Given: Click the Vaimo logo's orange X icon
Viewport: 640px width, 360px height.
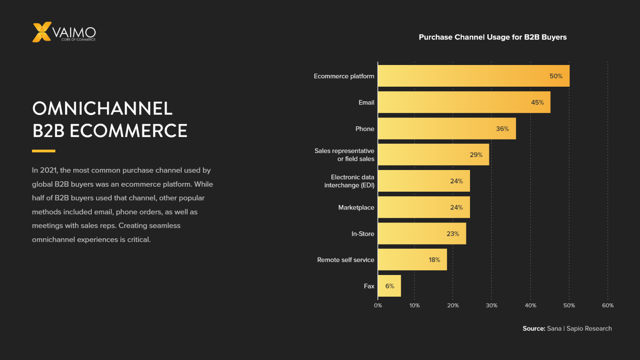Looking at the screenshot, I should [x=42, y=32].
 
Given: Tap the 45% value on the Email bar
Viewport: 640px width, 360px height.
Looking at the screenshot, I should [x=537, y=102].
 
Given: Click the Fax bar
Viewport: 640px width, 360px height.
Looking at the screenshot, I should [x=389, y=286].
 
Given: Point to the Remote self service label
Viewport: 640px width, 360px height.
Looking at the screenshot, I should [x=345, y=260].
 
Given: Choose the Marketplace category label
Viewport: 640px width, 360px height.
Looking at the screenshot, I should [x=356, y=207].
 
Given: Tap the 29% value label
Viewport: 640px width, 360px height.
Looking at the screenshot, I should [x=476, y=155].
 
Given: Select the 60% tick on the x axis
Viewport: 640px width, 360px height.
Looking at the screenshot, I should [x=607, y=305].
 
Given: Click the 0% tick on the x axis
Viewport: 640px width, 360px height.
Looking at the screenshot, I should [x=378, y=305].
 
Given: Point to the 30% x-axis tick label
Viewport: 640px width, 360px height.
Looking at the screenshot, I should [x=491, y=305].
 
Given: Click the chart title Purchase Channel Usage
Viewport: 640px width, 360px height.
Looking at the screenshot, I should [x=492, y=37].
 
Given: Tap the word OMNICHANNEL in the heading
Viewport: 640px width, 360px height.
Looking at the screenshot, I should [x=102, y=109].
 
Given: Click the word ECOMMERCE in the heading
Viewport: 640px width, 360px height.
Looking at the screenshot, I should [x=128, y=131].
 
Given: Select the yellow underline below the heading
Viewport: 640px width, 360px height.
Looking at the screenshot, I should [x=43, y=151].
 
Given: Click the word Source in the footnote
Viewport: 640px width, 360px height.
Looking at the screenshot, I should [x=534, y=329].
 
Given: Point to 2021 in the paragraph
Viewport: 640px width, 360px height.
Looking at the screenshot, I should [x=49, y=170].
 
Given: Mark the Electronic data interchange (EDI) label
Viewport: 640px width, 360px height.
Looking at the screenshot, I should [x=349, y=181].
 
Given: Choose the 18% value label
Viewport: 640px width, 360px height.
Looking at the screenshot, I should [x=434, y=260].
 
